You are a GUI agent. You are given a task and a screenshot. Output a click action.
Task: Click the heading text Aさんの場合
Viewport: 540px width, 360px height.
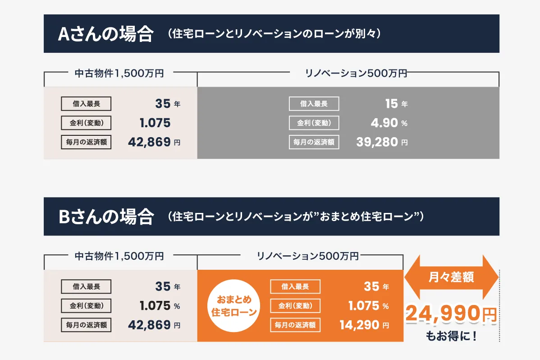tap(105, 34)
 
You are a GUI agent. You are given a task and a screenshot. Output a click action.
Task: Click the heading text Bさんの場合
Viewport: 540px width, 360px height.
tap(105, 217)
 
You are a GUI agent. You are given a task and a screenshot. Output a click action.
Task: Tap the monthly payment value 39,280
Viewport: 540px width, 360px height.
tap(377, 142)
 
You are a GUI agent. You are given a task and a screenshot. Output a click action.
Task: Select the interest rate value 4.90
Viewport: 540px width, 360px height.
tap(384, 123)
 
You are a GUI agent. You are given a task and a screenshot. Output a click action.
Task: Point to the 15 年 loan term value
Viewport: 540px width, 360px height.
tap(392, 104)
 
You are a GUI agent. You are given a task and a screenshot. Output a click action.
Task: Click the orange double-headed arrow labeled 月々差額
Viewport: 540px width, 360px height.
tap(451, 277)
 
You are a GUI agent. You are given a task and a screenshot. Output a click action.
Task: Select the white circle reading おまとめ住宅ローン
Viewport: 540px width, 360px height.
tap(233, 306)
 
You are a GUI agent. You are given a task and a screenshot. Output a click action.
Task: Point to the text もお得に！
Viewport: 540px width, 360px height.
tap(451, 337)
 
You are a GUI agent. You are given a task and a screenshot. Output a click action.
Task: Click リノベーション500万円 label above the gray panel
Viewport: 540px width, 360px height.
tap(356, 73)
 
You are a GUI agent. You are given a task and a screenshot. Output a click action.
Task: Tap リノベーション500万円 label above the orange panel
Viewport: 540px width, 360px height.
tap(308, 256)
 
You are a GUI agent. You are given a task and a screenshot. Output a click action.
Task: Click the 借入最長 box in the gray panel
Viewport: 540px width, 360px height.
tap(314, 104)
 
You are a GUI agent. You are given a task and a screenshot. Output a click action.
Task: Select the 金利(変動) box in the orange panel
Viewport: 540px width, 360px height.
tap(295, 306)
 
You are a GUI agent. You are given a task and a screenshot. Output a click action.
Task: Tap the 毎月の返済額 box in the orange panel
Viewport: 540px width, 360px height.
tap(295, 325)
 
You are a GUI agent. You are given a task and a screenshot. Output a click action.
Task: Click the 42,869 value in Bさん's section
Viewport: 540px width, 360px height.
tap(149, 325)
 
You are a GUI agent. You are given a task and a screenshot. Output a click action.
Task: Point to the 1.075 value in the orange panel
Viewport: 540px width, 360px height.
tap(363, 306)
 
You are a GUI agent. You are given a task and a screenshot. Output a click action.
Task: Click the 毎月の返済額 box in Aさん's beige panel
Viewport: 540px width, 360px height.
tap(86, 142)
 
